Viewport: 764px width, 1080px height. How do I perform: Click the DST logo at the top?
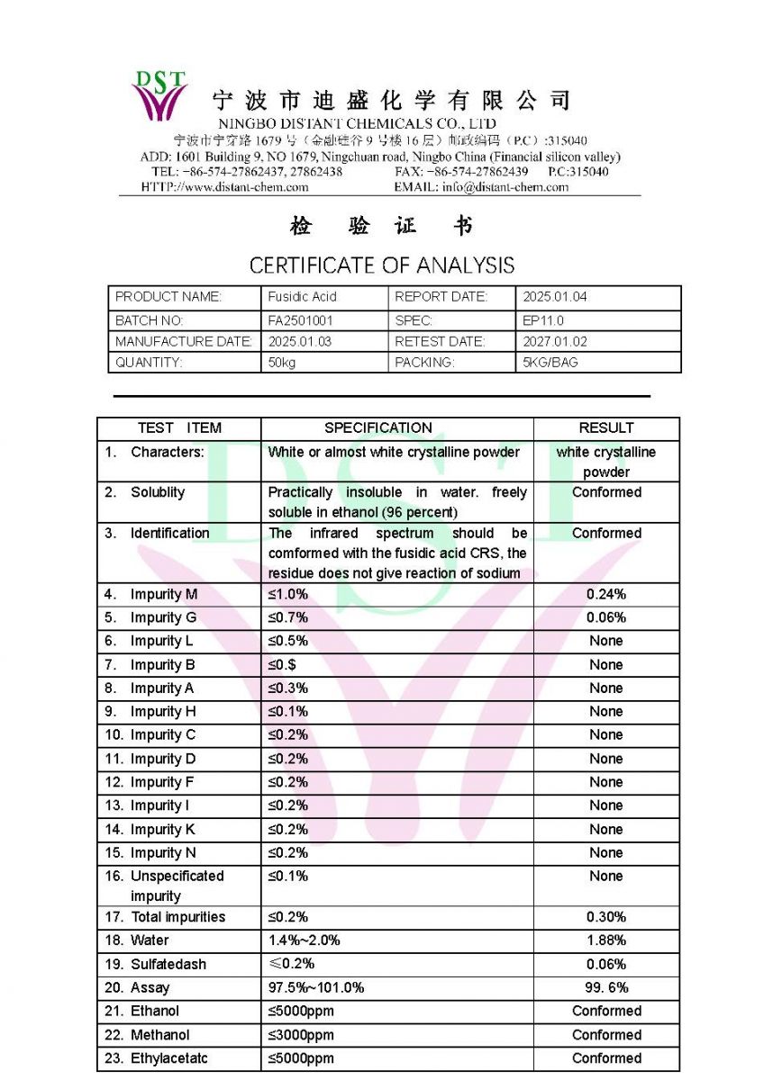(x=159, y=94)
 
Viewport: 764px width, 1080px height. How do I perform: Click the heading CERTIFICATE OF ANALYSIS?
(x=382, y=265)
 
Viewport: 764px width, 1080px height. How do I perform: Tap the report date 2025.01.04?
(x=554, y=297)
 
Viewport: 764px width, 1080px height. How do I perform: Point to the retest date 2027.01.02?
(x=554, y=342)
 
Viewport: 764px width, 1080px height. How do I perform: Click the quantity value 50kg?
(x=283, y=363)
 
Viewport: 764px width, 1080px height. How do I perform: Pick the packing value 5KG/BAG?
(x=550, y=363)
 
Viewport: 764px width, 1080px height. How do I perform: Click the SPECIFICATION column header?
(x=378, y=428)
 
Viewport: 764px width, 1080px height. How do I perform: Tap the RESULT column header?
(x=606, y=428)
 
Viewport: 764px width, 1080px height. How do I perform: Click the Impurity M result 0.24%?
(x=606, y=595)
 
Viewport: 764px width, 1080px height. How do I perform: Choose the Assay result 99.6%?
(x=606, y=988)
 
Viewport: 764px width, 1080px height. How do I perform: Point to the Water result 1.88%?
(x=606, y=940)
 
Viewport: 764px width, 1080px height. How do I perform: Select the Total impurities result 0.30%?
(x=606, y=917)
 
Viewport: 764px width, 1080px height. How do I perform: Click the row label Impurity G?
(x=162, y=618)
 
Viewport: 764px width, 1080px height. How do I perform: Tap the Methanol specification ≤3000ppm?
(x=301, y=1035)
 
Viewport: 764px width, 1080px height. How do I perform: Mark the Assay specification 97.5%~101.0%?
(x=316, y=988)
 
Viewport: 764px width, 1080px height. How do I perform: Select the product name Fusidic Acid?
(x=302, y=297)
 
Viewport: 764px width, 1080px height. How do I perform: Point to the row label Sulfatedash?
(x=168, y=965)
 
